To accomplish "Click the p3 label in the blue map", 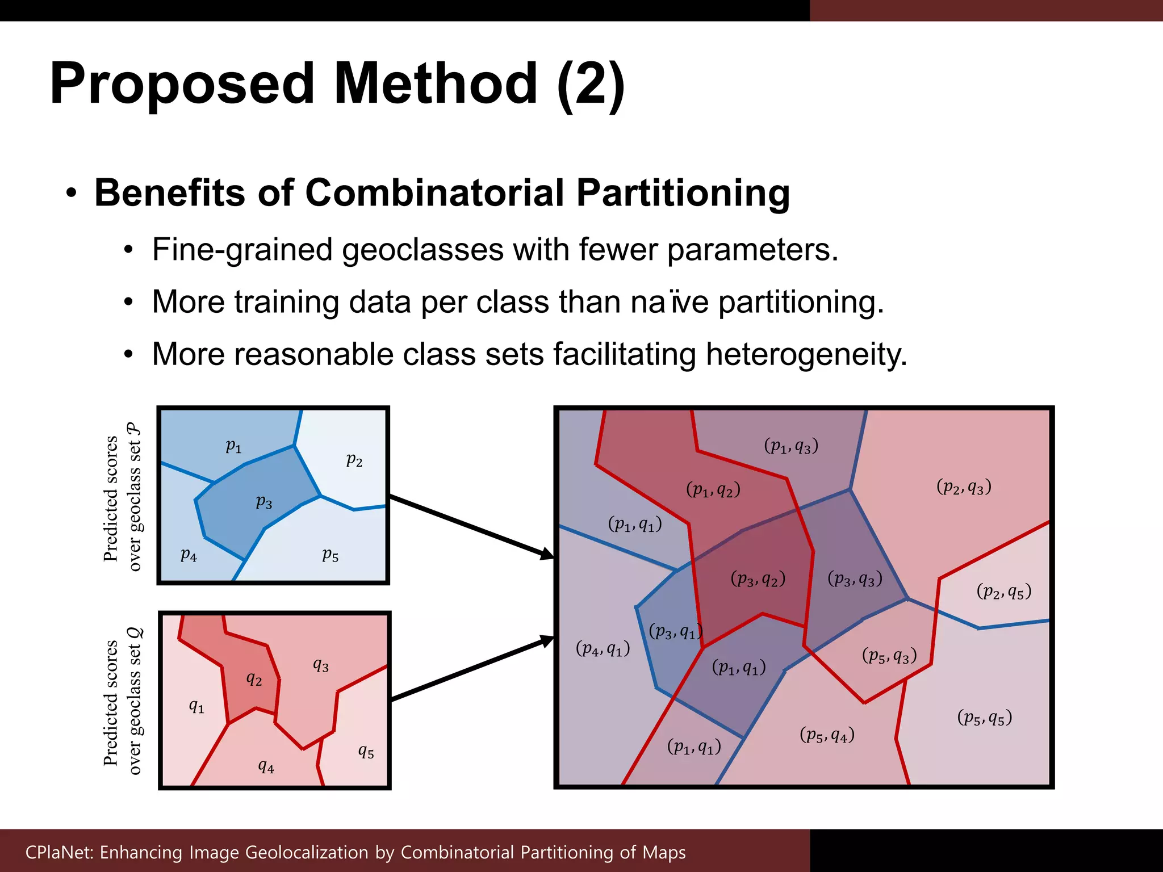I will [264, 502].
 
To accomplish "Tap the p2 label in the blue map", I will [354, 459].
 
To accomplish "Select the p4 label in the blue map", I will [189, 555].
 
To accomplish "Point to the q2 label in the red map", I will [254, 678].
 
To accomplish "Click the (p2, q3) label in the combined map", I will [964, 487].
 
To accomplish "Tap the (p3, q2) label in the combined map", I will [758, 579].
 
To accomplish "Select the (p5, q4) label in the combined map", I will [827, 735].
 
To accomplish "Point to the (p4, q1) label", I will [603, 648].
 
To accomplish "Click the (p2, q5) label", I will [1003, 592].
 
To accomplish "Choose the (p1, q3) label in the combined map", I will [791, 446].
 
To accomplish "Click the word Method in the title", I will [436, 83].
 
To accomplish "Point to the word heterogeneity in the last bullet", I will [806, 354].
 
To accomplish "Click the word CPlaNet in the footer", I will [59, 852].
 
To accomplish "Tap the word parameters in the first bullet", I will [752, 250].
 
